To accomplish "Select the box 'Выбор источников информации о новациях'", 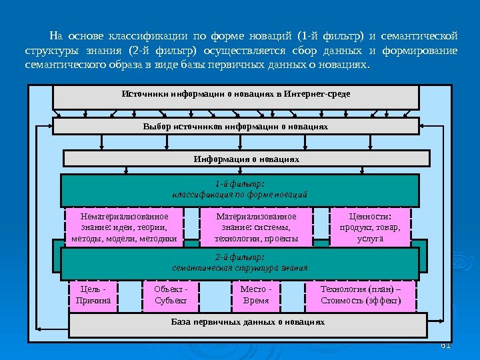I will pos(236,126).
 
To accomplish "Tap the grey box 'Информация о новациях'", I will pos(246,159).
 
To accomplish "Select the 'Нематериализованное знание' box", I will pos(124,227).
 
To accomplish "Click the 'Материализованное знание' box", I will pos(256,227).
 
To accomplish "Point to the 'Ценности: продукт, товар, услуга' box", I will pos(370,227).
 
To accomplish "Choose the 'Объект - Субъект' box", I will pos(171,295).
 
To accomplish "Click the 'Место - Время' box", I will pos(255,295).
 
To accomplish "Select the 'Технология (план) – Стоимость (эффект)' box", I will pos(361,295).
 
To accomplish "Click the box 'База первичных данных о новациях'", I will pos(248,325).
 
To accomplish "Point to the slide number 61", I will pos(447,345).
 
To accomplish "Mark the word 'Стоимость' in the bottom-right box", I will pos(340,301).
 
